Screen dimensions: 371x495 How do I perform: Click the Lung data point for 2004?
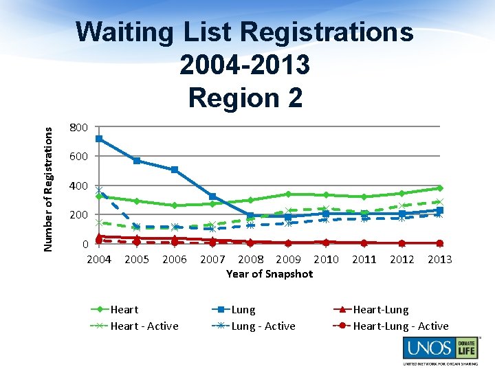pyautogui.click(x=99, y=139)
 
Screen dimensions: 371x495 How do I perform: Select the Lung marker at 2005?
pyautogui.click(x=137, y=161)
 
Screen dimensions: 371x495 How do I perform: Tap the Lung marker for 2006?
pyautogui.click(x=175, y=170)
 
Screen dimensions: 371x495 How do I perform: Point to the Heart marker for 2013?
pyautogui.click(x=439, y=188)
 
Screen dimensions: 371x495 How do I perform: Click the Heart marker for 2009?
pyautogui.click(x=288, y=194)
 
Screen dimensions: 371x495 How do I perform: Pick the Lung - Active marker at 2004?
pyautogui.click(x=99, y=190)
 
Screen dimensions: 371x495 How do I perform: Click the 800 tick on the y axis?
pyautogui.click(x=78, y=127)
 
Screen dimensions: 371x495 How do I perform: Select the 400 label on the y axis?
pyautogui.click(x=78, y=185)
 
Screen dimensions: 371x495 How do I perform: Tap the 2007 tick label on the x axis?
pyautogui.click(x=212, y=259)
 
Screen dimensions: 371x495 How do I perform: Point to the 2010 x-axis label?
pyautogui.click(x=326, y=259)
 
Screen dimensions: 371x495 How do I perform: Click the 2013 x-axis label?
pyautogui.click(x=439, y=259)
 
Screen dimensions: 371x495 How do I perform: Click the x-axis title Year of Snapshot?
pyautogui.click(x=269, y=273)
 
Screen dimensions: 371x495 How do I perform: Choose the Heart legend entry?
pyautogui.click(x=124, y=310)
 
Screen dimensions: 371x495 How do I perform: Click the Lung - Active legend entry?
pyautogui.click(x=263, y=326)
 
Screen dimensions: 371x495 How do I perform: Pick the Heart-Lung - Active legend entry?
pyautogui.click(x=400, y=326)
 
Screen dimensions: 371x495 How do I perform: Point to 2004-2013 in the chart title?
pyautogui.click(x=245, y=65)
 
